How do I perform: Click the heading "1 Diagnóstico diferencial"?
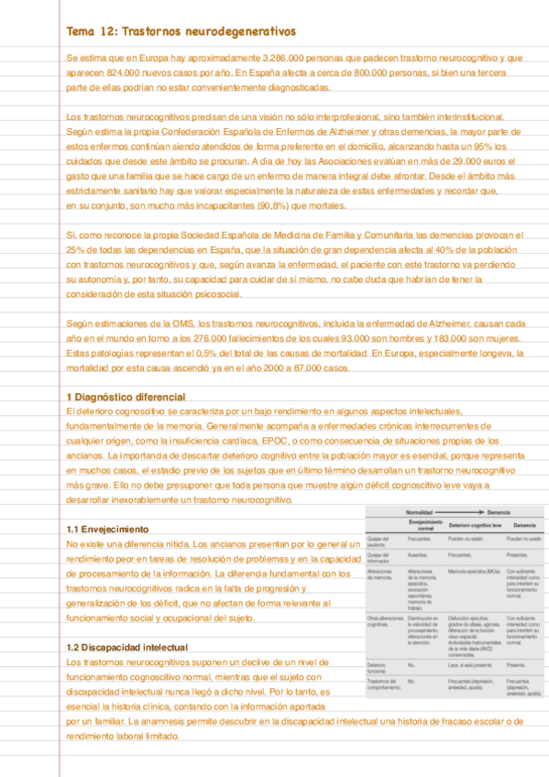tap(126, 397)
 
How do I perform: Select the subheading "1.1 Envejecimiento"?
tap(106, 530)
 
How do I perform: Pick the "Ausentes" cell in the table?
tap(419, 554)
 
